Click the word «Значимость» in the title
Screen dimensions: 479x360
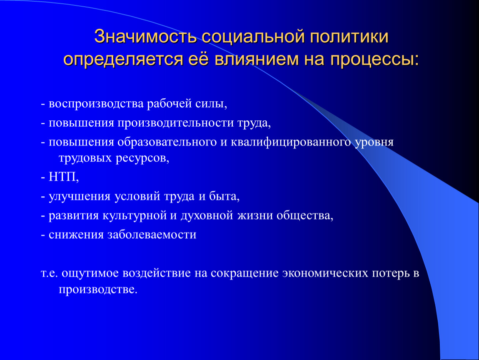coord(145,37)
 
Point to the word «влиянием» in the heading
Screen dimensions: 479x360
coord(256,59)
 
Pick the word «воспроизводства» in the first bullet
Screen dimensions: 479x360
coord(96,104)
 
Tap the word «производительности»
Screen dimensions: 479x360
coord(176,123)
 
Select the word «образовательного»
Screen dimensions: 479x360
coord(167,142)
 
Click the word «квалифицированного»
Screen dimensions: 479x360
coord(291,142)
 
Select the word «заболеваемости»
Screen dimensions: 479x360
coord(152,235)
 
